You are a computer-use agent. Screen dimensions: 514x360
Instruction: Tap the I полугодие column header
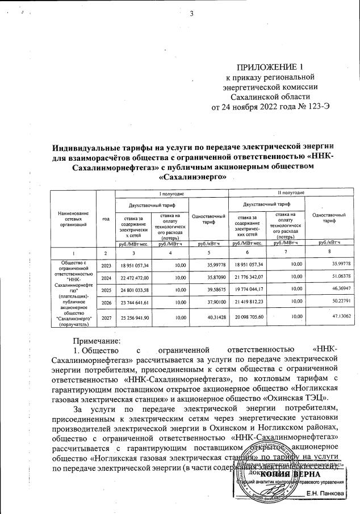pos(152,194)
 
